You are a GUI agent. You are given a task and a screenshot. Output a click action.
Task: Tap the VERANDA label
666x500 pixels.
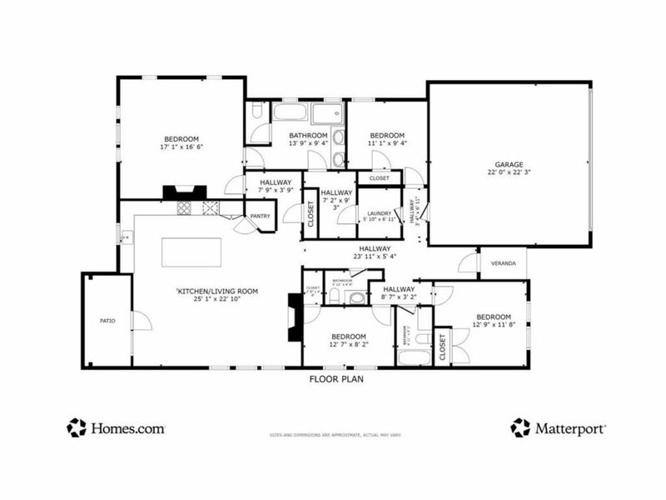pos(503,263)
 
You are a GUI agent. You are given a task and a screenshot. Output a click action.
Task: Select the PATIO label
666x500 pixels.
pos(107,320)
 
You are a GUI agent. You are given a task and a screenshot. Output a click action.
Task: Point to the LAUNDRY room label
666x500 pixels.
pos(380,214)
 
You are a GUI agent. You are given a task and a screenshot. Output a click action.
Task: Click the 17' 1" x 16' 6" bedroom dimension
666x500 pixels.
pos(181,147)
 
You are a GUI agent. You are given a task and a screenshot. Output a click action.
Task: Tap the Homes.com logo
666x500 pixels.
pos(116,427)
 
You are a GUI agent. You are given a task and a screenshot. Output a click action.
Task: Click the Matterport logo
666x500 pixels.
pos(558,427)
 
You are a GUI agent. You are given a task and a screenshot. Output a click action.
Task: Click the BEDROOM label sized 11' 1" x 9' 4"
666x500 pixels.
pos(387,136)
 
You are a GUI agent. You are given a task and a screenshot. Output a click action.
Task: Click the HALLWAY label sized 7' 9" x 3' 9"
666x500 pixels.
pos(275,182)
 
